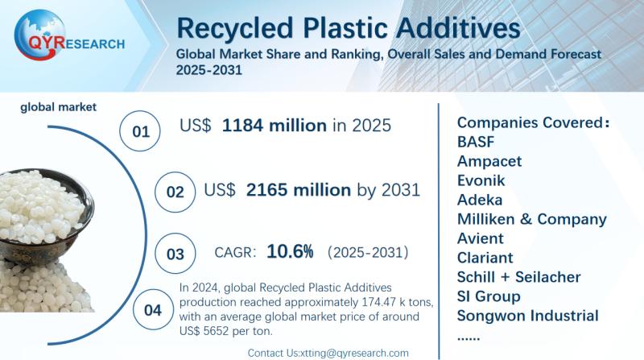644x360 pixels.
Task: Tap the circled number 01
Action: (x=141, y=130)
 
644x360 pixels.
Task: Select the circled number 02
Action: (x=175, y=192)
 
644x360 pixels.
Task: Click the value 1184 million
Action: (x=275, y=126)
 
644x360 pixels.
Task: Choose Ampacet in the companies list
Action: (x=489, y=161)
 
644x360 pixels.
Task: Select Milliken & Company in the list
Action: (x=531, y=219)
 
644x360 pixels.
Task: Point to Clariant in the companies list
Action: (x=485, y=258)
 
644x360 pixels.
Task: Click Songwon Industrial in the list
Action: (x=527, y=316)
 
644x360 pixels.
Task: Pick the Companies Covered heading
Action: (x=531, y=122)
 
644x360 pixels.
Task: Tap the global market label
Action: (x=59, y=106)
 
